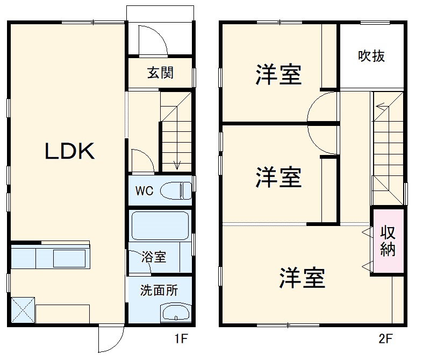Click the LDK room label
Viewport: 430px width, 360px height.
pos(69,152)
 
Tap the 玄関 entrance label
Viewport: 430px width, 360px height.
pos(160,73)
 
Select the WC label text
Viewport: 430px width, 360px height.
pos(144,190)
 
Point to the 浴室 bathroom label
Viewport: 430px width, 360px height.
pos(154,257)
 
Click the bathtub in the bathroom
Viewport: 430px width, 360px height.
pos(159,225)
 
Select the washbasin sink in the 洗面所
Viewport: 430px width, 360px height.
pos(175,312)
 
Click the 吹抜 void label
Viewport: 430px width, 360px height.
pos(371,56)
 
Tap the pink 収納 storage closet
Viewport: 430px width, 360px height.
pos(388,241)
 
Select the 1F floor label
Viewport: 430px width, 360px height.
pos(181,339)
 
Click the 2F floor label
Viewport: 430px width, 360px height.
pos(385,339)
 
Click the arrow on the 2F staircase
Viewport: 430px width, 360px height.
pos(379,107)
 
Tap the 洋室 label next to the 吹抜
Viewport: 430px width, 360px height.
pos(278,75)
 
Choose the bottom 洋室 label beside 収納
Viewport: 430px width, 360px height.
pos(302,278)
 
